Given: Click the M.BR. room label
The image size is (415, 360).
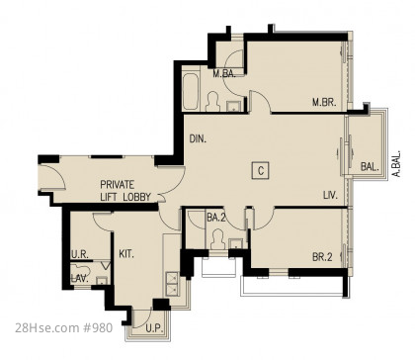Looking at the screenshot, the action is [324, 102].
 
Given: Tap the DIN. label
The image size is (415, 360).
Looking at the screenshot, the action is [198, 138].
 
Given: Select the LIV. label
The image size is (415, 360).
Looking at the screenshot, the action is [330, 196].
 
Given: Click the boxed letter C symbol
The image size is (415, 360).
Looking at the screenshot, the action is [261, 171].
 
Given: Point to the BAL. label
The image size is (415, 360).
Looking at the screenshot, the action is [370, 167].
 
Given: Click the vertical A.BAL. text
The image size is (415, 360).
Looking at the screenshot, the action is [397, 164].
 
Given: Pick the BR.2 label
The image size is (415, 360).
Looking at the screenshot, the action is [322, 257].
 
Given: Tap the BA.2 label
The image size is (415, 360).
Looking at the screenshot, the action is [216, 218].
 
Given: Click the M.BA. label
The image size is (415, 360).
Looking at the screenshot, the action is [224, 73].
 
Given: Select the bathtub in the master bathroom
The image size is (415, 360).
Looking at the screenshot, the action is [190, 91].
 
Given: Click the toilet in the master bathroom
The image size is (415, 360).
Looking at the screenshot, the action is [212, 102].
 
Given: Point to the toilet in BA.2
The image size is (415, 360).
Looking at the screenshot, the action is [217, 239].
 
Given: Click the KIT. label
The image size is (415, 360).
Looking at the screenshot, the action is [126, 254].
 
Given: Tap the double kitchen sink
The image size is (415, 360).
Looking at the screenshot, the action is [172, 284].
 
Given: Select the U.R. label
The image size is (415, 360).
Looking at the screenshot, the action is [80, 254].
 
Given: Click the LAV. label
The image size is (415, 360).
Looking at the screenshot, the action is [80, 279].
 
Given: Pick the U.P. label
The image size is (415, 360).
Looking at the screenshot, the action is [154, 328].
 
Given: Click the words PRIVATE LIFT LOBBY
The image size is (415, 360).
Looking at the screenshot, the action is [125, 191].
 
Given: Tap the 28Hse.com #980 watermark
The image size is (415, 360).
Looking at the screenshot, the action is [64, 328].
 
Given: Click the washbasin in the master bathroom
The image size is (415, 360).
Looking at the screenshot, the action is [234, 106].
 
